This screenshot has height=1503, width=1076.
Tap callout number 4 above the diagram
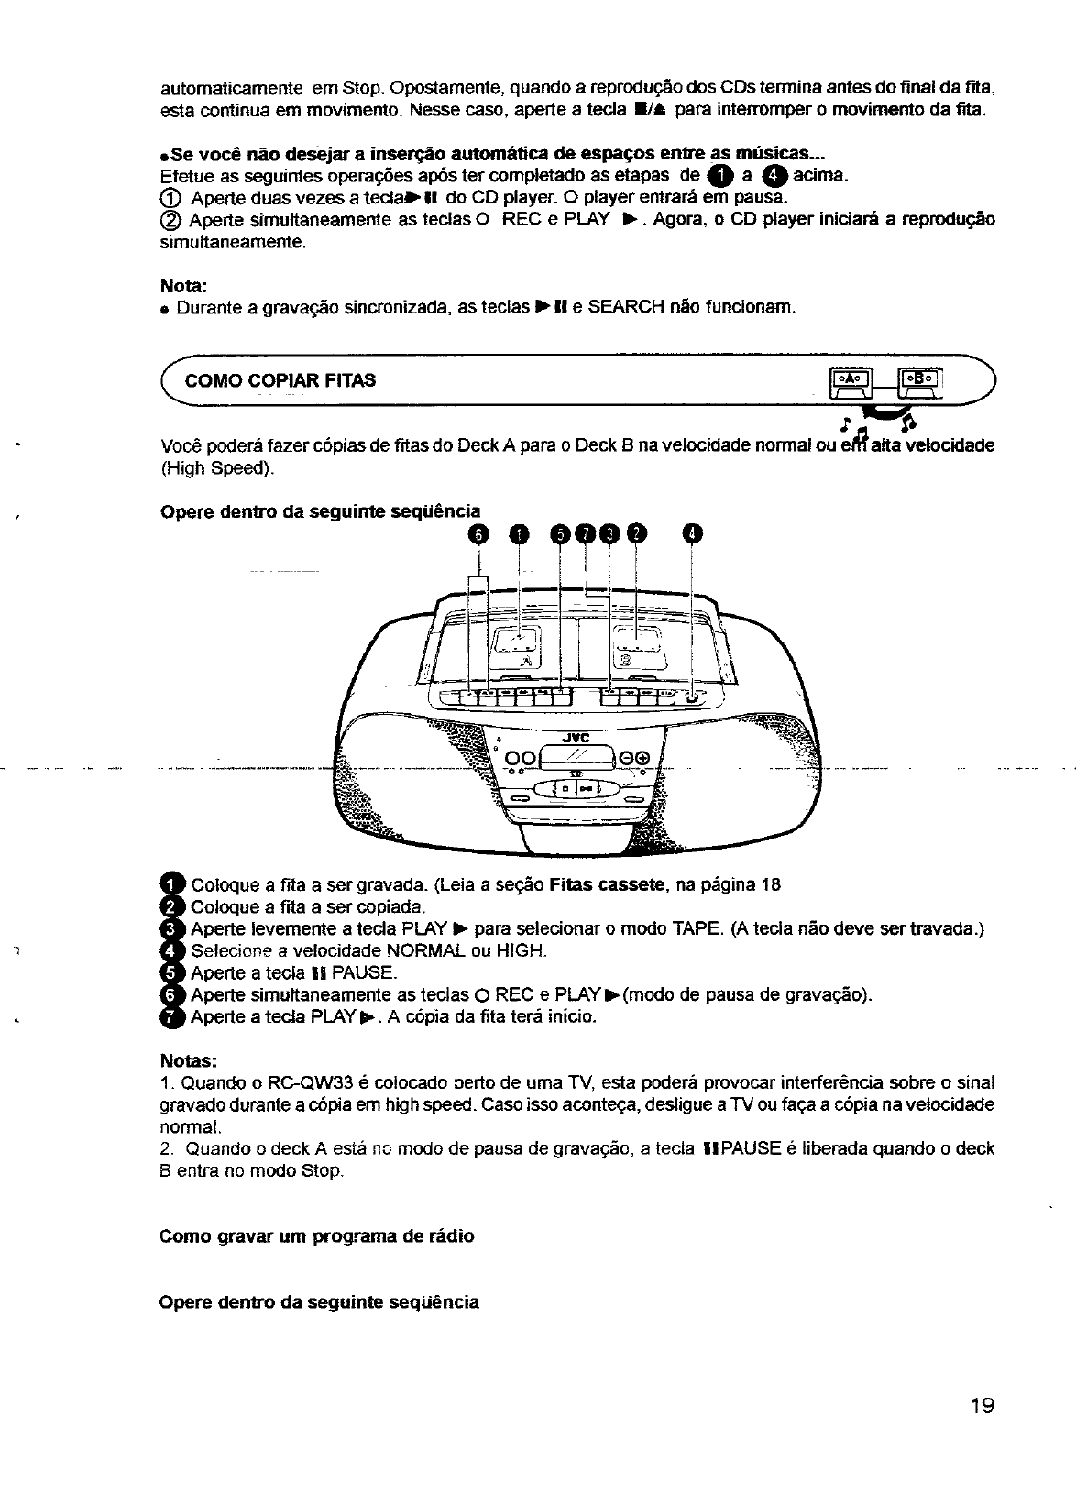point(693,534)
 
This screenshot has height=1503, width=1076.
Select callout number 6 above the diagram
point(475,534)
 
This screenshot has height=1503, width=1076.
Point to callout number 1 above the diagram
point(519,534)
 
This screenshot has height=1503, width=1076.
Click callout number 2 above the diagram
point(637,534)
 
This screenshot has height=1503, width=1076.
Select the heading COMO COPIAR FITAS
point(280,380)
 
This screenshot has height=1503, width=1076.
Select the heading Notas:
point(188,1061)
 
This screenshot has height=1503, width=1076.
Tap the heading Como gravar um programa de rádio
point(316,1236)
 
